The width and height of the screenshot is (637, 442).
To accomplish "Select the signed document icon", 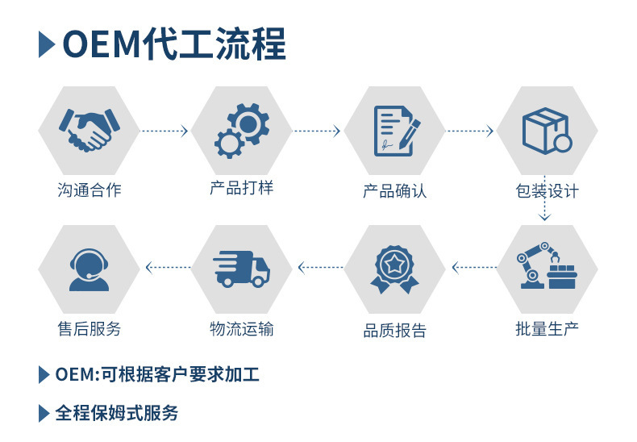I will tap(395, 131).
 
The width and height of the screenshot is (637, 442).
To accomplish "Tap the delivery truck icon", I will tap(242, 268).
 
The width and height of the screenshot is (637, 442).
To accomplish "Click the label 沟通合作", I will tap(89, 191).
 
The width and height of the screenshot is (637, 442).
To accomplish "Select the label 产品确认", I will tap(394, 191).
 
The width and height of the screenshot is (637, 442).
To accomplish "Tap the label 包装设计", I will tap(547, 191).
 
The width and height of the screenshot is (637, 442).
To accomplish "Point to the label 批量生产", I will tap(547, 328).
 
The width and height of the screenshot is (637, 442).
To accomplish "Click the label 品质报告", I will tap(394, 331).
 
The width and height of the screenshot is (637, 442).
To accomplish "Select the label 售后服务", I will tap(89, 328).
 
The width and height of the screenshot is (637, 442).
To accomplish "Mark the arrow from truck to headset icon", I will tap(167, 266).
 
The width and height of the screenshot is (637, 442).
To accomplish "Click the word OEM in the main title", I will tap(100, 44).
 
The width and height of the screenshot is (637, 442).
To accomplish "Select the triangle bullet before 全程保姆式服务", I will tap(44, 414).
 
